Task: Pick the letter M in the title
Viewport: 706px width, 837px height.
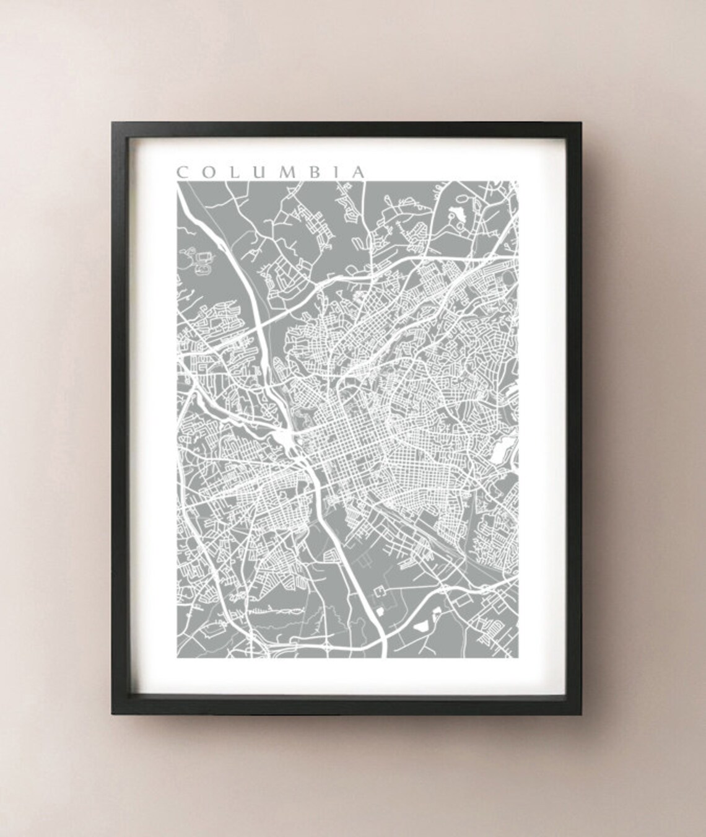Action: tap(282, 172)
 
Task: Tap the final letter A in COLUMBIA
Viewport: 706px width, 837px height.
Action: tap(355, 172)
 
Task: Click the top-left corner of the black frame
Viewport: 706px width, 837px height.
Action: tap(111, 121)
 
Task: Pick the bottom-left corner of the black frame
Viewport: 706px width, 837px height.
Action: tap(111, 719)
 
